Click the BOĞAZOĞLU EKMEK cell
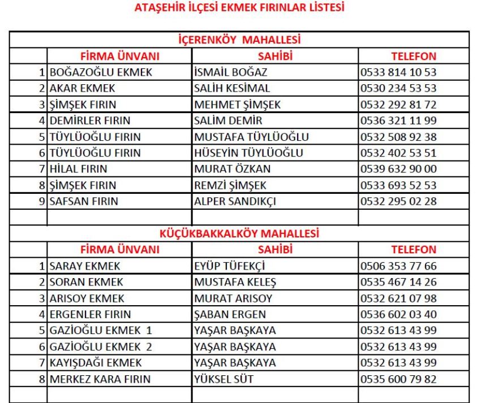pyautogui.click(x=101, y=72)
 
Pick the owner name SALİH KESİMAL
pyautogui.click(x=232, y=88)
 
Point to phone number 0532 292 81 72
pyautogui.click(x=398, y=105)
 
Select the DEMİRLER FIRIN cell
pyautogui.click(x=90, y=120)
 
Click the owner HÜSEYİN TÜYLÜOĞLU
pyautogui.click(x=248, y=153)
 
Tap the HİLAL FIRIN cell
pyautogui.click(x=79, y=168)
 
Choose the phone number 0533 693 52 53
pyautogui.click(x=398, y=185)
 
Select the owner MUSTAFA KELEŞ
pyautogui.click(x=235, y=281)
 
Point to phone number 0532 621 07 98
pyautogui.click(x=398, y=298)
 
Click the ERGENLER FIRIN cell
pyautogui.click(x=90, y=314)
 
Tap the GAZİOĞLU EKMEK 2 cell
pyautogui.click(x=100, y=346)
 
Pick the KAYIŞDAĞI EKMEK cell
pyautogui.click(x=96, y=362)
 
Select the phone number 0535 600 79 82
pyautogui.click(x=398, y=379)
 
